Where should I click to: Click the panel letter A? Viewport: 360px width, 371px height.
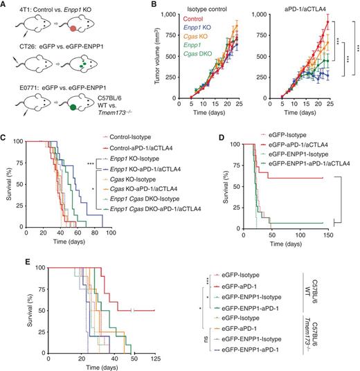click(x=5, y=5)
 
